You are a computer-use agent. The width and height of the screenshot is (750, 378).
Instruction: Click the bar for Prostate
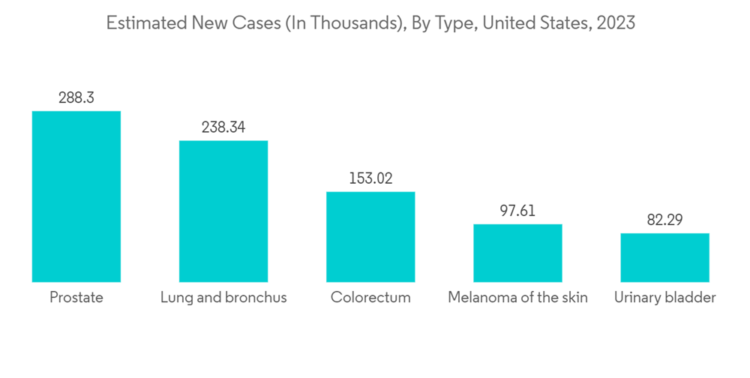(76, 196)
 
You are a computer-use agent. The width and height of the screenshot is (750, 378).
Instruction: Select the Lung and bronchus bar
(223, 211)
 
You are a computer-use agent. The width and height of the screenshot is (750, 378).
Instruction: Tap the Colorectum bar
(370, 236)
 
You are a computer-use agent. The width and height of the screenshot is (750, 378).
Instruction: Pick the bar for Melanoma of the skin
(517, 253)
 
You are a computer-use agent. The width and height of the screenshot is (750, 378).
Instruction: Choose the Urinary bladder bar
(664, 257)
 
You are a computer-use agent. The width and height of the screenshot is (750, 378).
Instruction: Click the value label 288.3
(76, 98)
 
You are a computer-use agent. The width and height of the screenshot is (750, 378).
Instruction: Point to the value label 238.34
(223, 127)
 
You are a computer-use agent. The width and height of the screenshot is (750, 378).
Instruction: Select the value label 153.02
(370, 178)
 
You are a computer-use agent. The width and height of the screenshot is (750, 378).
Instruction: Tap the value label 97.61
(517, 211)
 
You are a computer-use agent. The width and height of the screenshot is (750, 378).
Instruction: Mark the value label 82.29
(664, 220)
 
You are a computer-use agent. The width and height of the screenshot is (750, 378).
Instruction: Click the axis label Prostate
(76, 298)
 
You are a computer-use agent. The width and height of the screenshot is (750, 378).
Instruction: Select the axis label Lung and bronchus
(223, 298)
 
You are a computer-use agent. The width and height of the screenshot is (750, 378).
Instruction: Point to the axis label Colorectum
(370, 298)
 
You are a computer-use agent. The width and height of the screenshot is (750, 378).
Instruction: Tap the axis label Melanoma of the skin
(517, 298)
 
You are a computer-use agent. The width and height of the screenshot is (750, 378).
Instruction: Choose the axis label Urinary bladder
(664, 298)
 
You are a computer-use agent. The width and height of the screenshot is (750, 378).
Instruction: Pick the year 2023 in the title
(616, 23)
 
